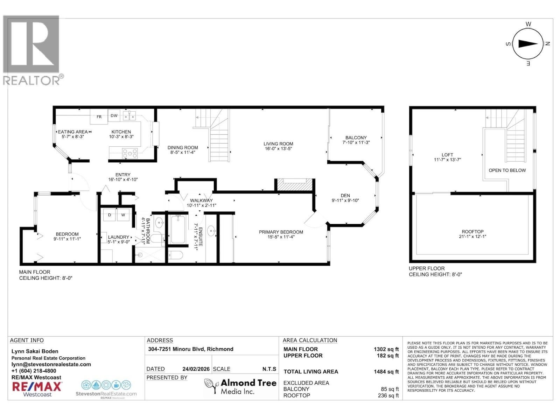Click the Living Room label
click(278, 144)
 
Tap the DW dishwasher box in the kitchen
click(114, 116)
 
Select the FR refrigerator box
click(99, 117)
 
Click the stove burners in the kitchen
click(129, 153)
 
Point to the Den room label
click(345, 196)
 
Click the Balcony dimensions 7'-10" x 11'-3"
click(356, 142)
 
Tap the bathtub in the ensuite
click(178, 229)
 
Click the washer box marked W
click(123, 215)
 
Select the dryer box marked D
click(110, 215)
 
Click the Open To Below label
click(507, 170)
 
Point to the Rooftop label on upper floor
click(472, 232)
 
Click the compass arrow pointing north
click(528, 44)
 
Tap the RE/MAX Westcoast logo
click(37, 389)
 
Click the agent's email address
click(51, 364)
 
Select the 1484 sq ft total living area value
click(386, 372)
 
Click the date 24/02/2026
click(196, 369)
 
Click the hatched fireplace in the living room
click(294, 185)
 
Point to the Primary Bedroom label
click(281, 232)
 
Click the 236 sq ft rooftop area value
click(388, 395)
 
